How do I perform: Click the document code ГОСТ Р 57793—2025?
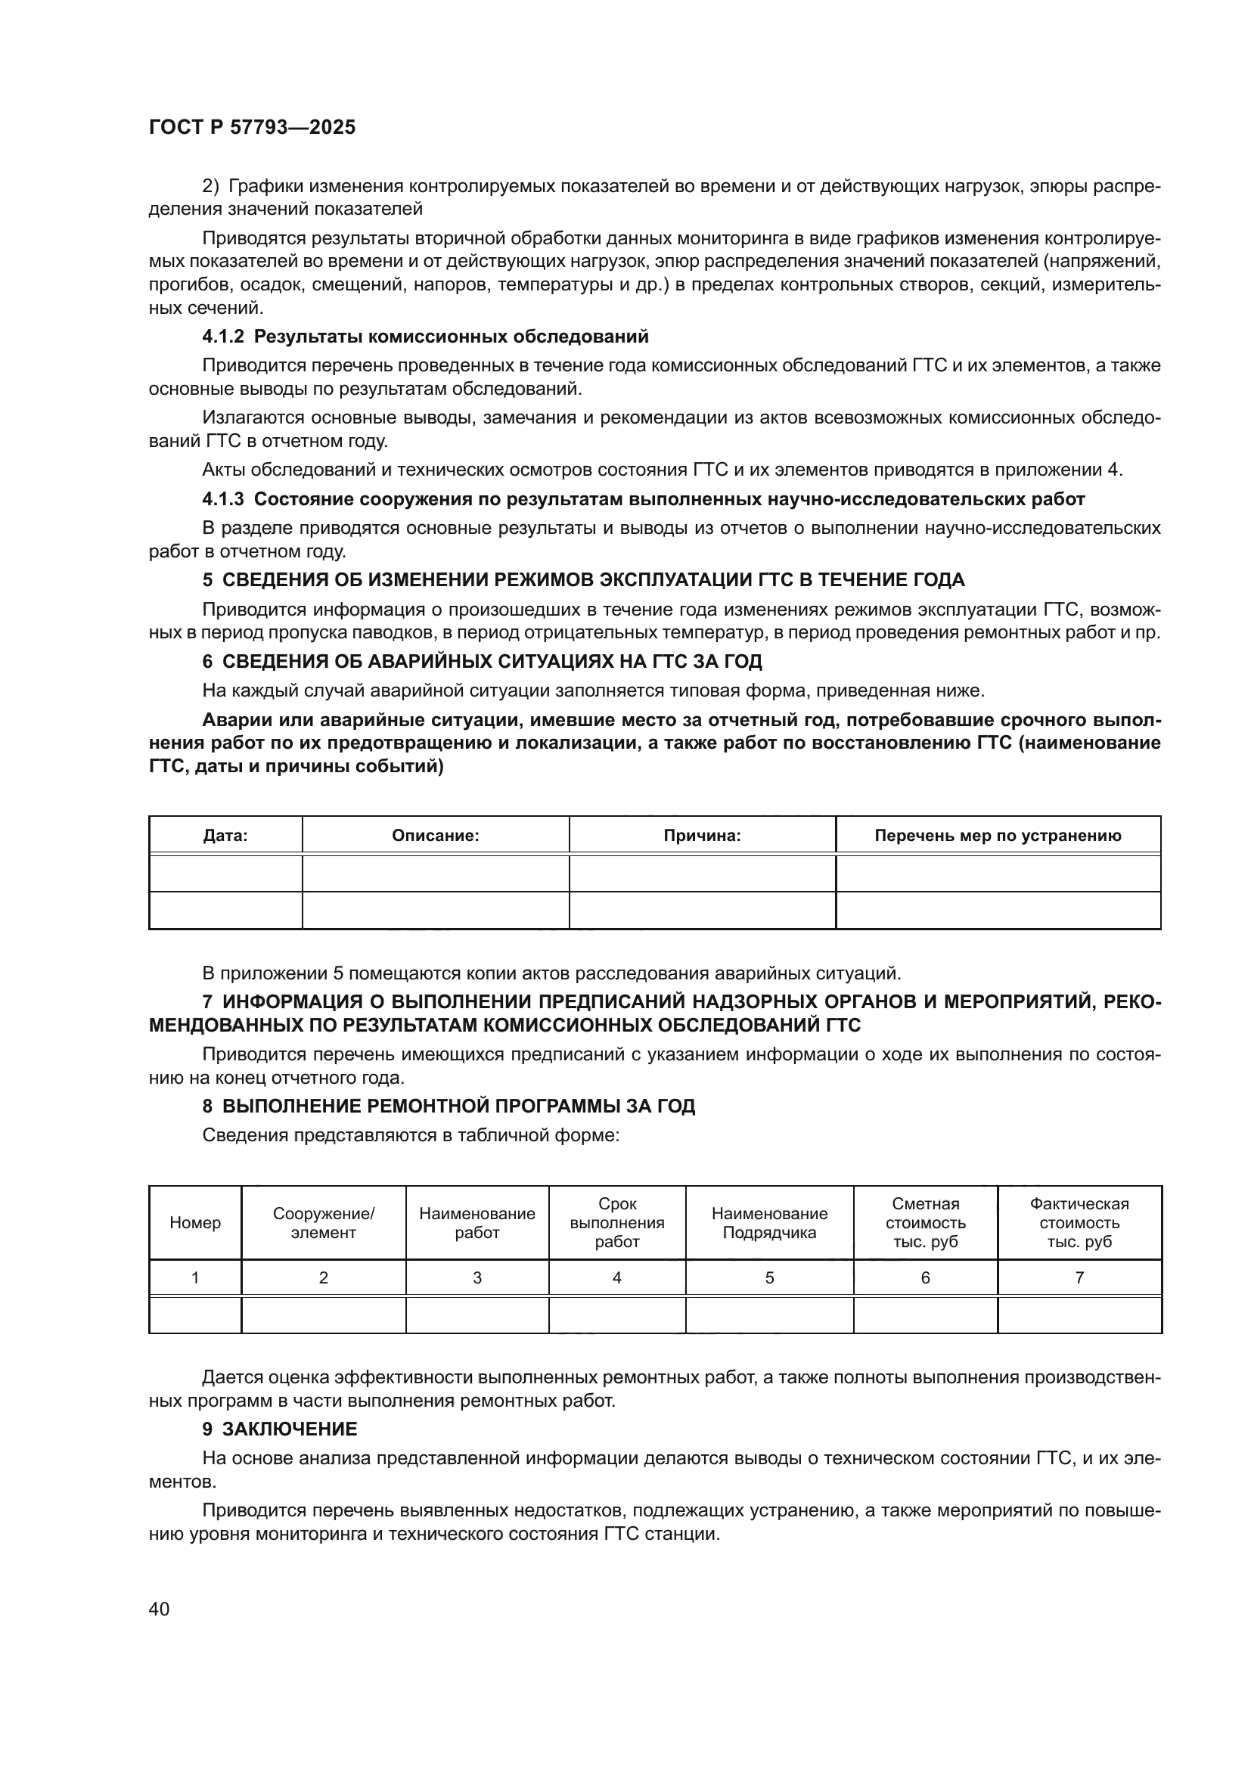(x=252, y=128)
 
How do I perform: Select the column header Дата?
(x=225, y=836)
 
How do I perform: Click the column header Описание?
(x=435, y=836)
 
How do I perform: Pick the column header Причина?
(x=702, y=836)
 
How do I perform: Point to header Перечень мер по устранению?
(x=998, y=836)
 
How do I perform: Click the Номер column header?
(x=195, y=1223)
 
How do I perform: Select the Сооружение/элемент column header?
(x=324, y=1223)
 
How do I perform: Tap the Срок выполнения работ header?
(x=617, y=1223)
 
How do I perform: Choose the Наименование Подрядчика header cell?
(x=768, y=1223)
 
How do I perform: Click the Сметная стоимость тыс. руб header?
(x=925, y=1223)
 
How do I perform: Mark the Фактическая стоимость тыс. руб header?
(x=1079, y=1223)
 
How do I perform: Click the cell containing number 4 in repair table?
(x=617, y=1277)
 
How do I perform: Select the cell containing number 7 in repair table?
(x=1079, y=1277)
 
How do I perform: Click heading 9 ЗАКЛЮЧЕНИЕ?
(x=280, y=1429)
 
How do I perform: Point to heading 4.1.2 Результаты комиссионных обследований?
(x=425, y=337)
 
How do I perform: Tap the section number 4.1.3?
(x=222, y=499)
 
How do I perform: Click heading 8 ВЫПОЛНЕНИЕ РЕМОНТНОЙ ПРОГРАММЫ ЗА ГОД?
(x=449, y=1106)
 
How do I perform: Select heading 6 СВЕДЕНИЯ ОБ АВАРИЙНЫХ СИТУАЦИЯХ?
(x=482, y=661)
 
